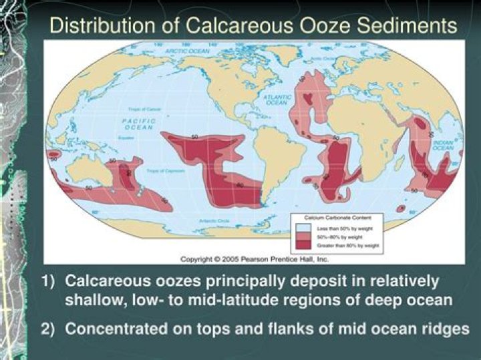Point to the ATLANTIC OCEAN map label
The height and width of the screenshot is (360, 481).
tap(277, 100)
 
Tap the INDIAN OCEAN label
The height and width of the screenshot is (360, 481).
tap(442, 145)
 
